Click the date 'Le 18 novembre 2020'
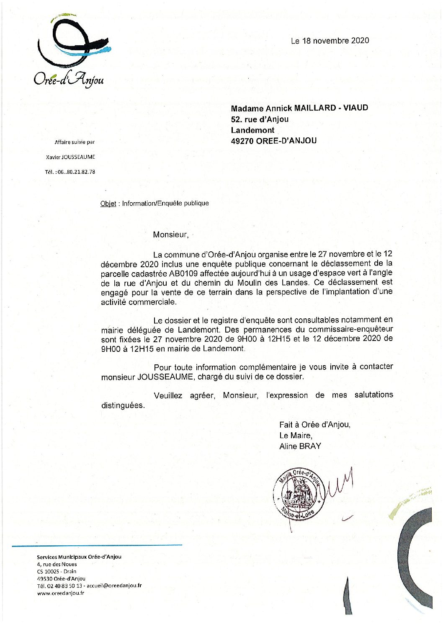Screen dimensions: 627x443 coord(330,41)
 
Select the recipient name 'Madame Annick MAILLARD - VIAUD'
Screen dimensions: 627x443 coord(299,108)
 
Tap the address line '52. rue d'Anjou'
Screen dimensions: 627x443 coord(260,119)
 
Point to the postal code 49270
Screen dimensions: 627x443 coord(242,141)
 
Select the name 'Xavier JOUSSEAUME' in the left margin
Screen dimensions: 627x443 coord(70,157)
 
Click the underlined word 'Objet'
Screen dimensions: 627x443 coord(108,204)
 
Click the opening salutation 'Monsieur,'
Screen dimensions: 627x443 coord(171,235)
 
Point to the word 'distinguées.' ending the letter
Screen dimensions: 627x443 coord(123,405)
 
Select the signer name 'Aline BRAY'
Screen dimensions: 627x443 coord(300,446)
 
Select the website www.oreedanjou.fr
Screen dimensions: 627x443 coord(60,593)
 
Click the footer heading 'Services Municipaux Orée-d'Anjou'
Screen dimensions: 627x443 coord(79,557)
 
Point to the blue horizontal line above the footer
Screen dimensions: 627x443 coord(97,545)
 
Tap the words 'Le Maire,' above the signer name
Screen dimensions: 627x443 coord(296,436)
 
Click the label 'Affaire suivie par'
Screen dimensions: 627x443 coord(75,142)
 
